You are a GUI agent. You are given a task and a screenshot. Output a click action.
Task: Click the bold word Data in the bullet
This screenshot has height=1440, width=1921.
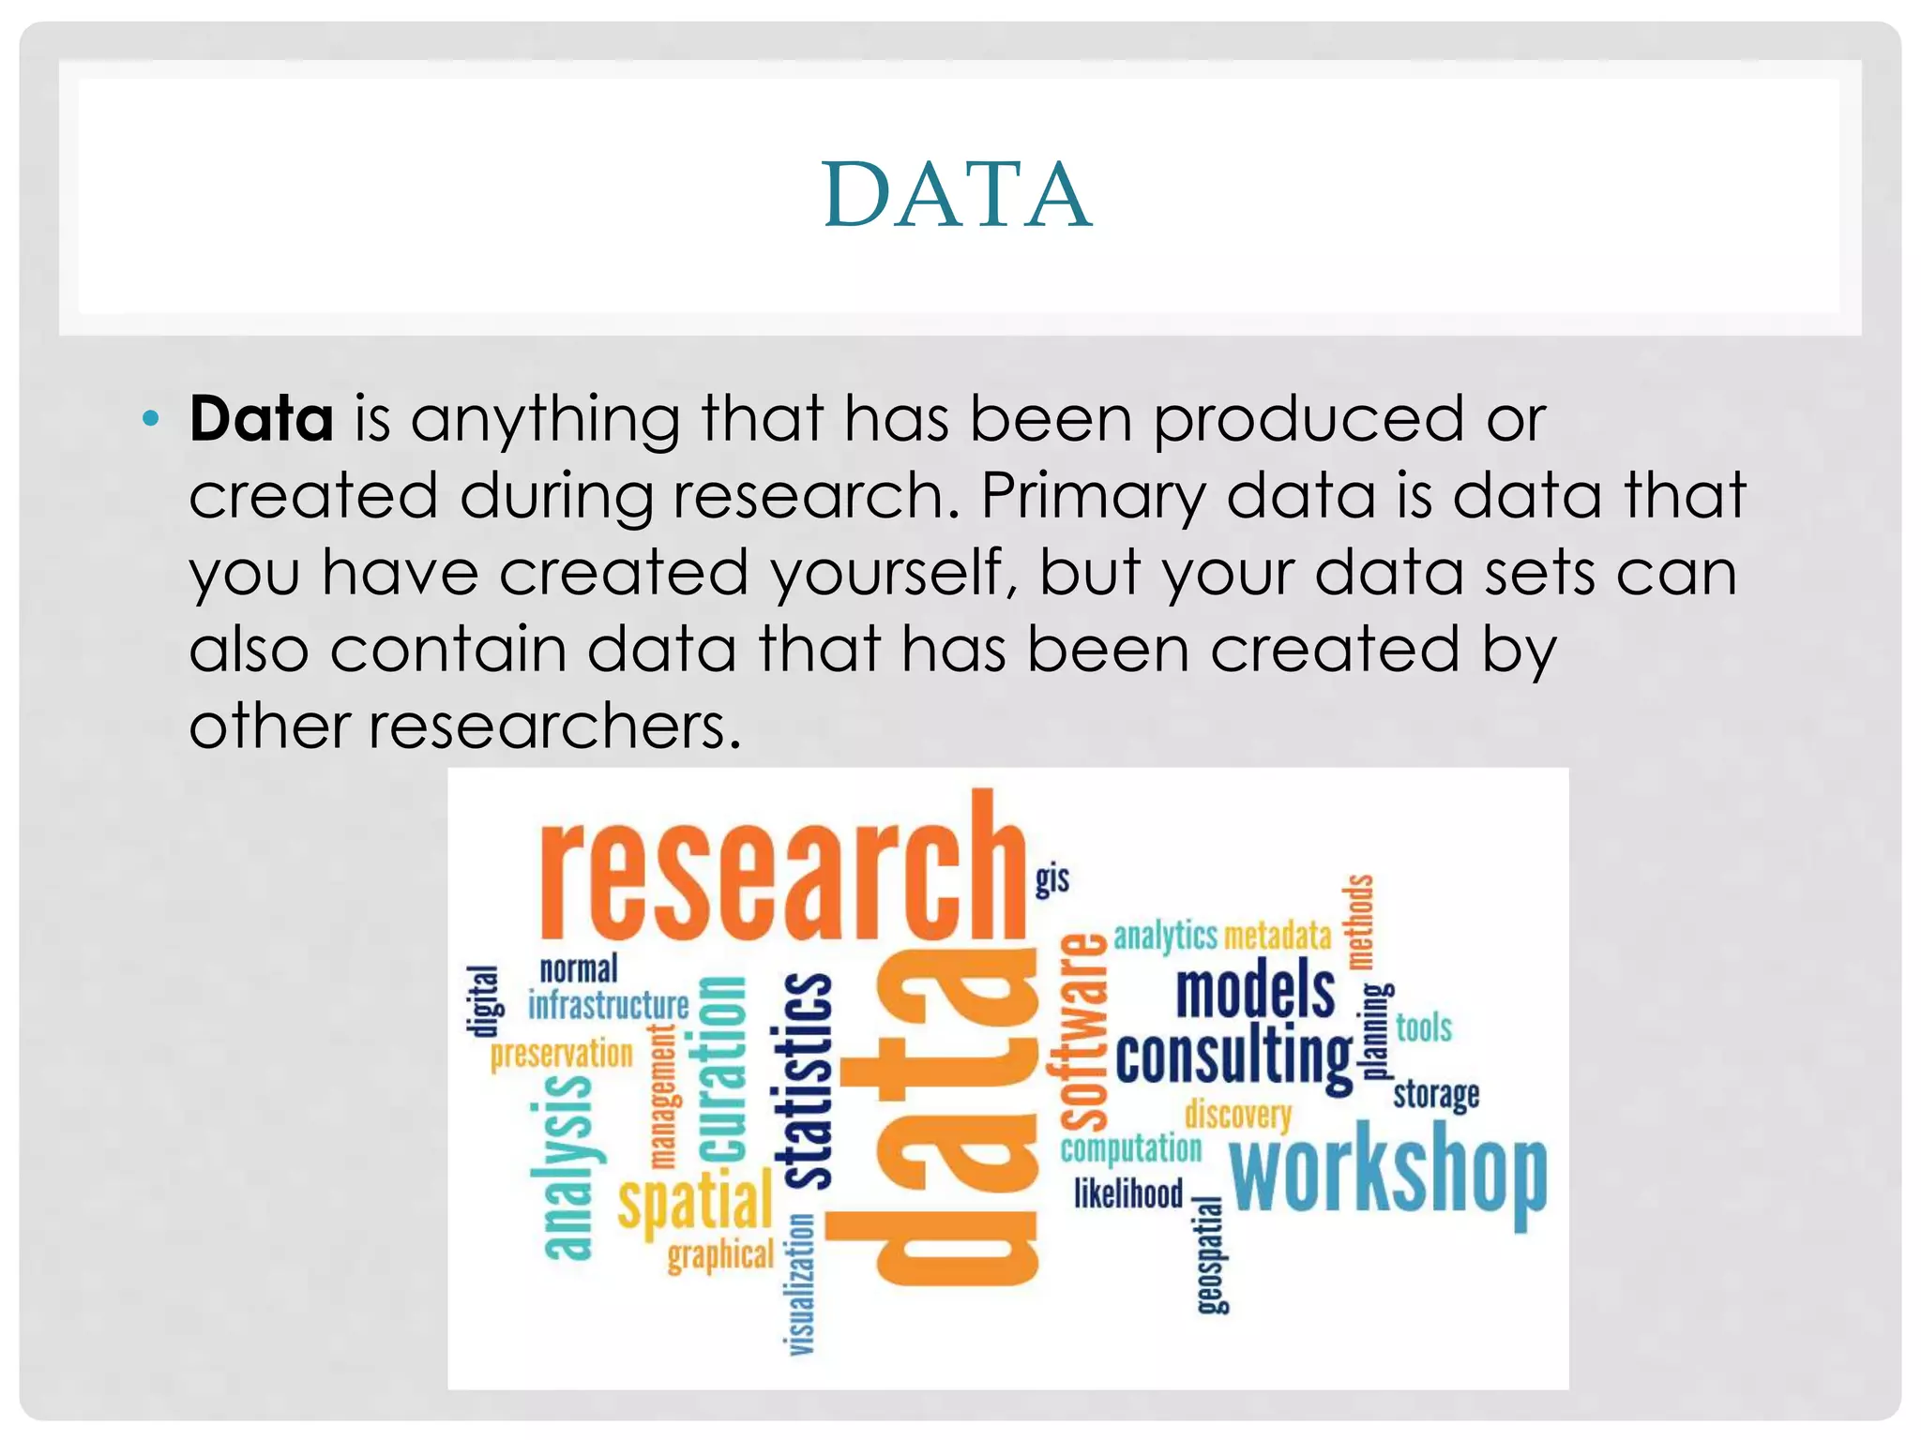point(261,418)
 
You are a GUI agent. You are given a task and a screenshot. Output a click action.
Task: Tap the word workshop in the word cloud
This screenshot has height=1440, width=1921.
point(1387,1177)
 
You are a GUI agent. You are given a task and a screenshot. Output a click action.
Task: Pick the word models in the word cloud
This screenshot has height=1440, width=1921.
point(1255,991)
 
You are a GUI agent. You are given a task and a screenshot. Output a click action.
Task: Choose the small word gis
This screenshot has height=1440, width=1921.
point(1051,879)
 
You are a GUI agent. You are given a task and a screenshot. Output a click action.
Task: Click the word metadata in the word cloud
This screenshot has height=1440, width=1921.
point(1278,936)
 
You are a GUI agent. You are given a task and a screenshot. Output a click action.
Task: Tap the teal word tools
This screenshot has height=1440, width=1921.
point(1423,1028)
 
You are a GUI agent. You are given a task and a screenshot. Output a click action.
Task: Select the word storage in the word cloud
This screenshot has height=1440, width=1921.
point(1435,1095)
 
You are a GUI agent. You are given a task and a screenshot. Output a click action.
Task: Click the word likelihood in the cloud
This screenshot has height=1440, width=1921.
point(1128,1193)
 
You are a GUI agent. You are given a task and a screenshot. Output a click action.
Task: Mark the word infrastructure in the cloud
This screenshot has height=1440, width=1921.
point(609,1006)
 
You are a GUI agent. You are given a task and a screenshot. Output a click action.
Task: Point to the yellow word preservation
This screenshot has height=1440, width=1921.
point(561,1055)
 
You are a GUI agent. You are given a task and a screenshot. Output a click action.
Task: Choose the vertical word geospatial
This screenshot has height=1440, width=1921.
point(1210,1256)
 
